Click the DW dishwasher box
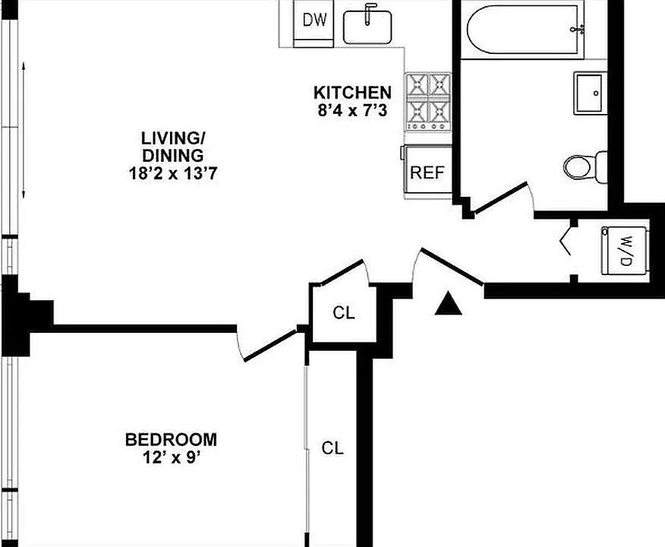coord(314,21)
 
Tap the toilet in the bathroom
coord(586,164)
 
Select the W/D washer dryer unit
coord(626,250)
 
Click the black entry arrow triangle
coord(449,305)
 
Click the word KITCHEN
coord(353,93)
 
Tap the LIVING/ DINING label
coord(173,146)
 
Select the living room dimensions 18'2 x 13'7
coord(173,172)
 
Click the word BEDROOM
coord(171,439)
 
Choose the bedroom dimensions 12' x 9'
coord(171,457)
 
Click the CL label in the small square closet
coord(343,312)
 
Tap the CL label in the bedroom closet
coord(332,448)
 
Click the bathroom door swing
coord(502,196)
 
